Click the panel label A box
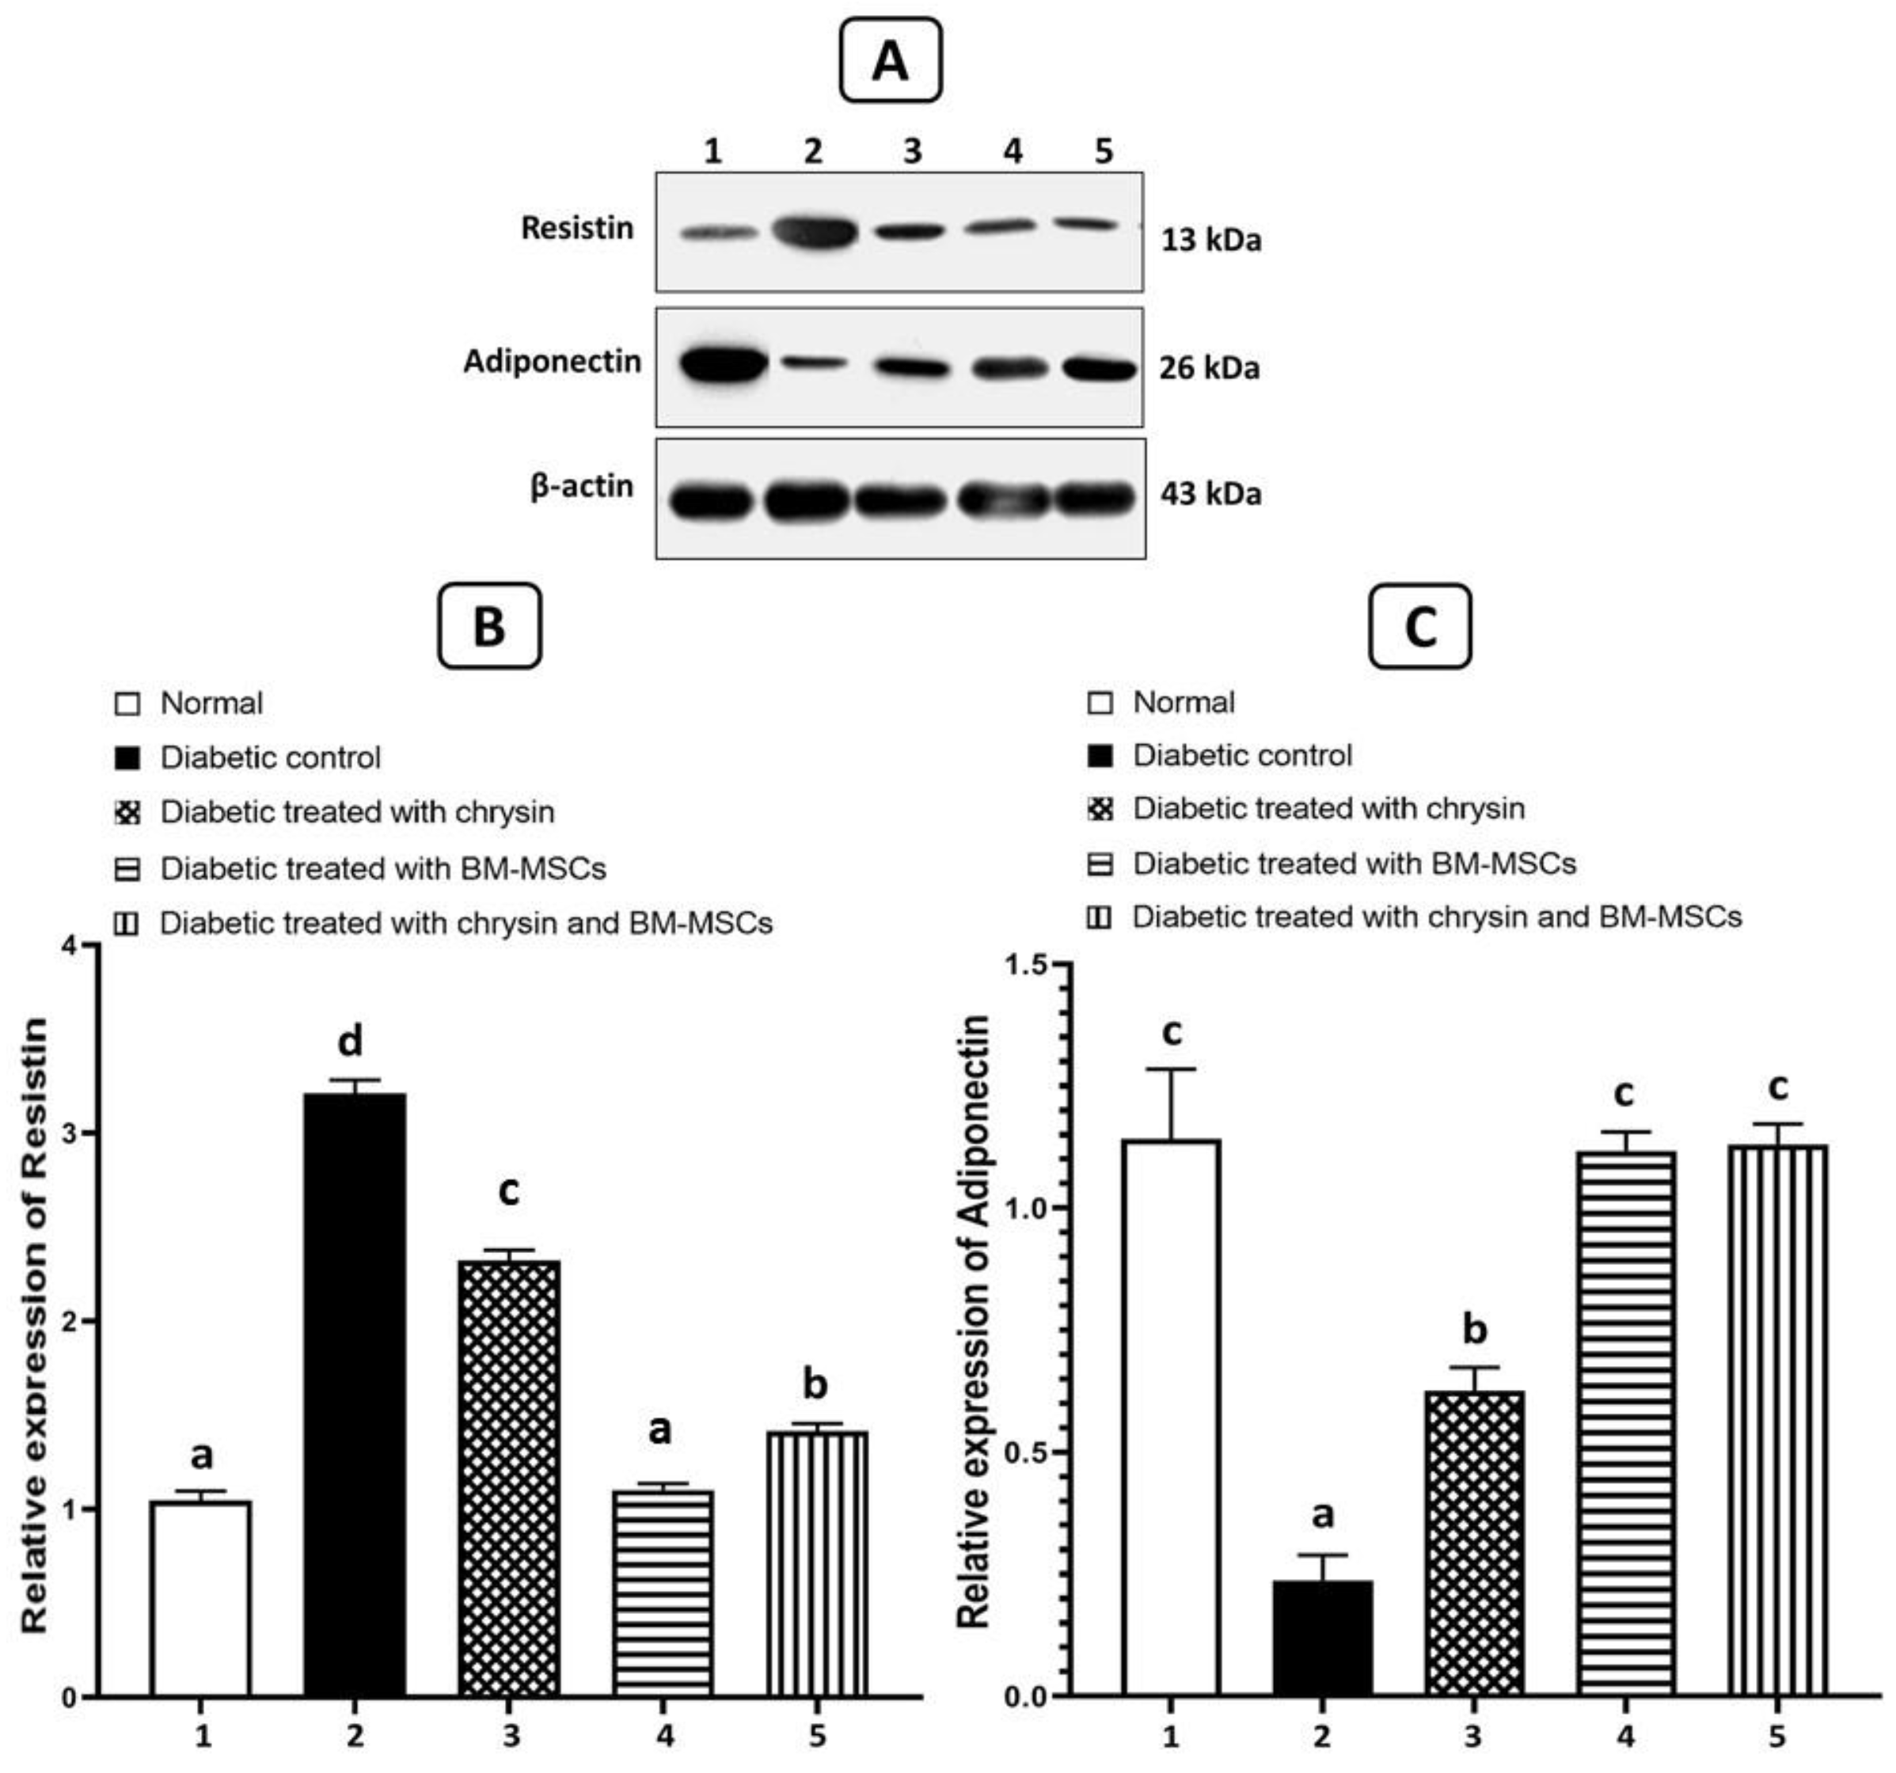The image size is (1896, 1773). click(x=890, y=61)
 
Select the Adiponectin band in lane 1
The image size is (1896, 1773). click(x=722, y=365)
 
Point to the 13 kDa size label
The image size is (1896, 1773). click(x=1210, y=239)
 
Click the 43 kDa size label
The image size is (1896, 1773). click(x=1210, y=494)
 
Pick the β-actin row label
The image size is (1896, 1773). click(x=582, y=487)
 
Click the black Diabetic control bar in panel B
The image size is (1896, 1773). click(x=355, y=1392)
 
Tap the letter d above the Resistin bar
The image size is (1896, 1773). click(x=351, y=1042)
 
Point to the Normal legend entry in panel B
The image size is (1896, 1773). click(x=211, y=704)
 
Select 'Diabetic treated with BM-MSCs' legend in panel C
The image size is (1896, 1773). click(x=1354, y=863)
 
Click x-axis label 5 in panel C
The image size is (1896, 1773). click(x=1776, y=1737)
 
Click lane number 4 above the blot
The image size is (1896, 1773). click(x=1013, y=150)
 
